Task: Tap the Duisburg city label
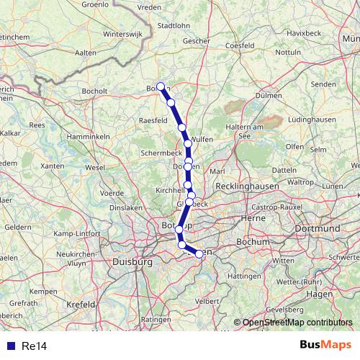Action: [132, 263]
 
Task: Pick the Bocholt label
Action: [96, 91]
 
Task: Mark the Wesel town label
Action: [95, 167]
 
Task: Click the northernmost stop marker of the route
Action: [161, 87]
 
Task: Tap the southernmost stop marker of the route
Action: [199, 254]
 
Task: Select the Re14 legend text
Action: [34, 346]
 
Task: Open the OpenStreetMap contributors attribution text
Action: [299, 323]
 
